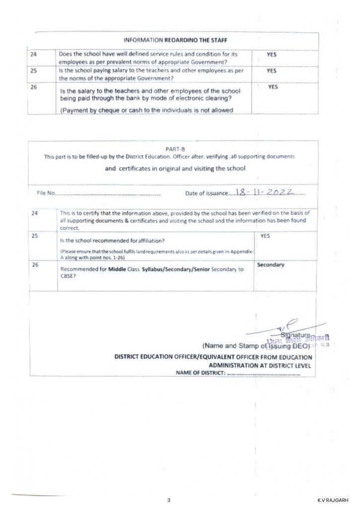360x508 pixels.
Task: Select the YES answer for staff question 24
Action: coord(271,55)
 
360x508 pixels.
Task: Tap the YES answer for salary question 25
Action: coord(271,71)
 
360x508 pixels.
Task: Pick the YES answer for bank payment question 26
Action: coord(273,87)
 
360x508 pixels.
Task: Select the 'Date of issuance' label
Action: coord(206,193)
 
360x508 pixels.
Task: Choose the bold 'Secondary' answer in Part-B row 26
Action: coord(271,265)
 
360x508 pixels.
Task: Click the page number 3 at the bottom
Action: coord(169,501)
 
